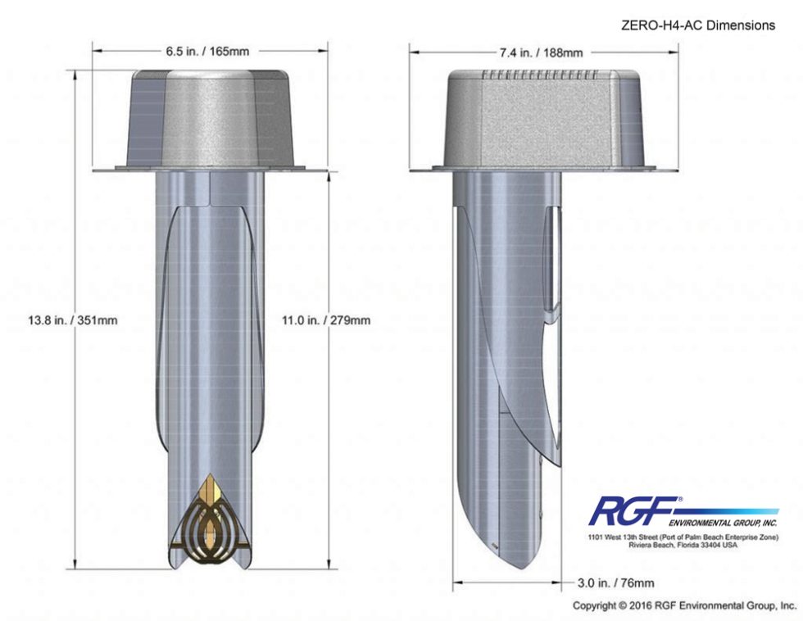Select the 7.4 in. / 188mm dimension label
pyautogui.click(x=542, y=52)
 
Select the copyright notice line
pyautogui.click(x=684, y=606)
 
